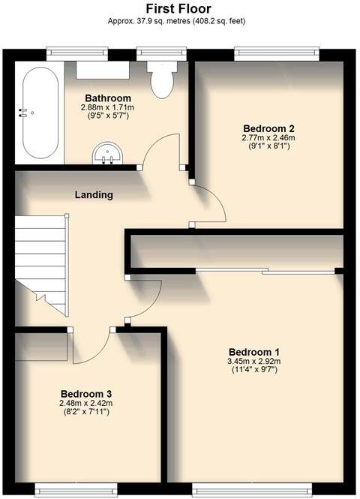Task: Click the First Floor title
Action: pyautogui.click(x=180, y=8)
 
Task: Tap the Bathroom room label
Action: pyautogui.click(x=108, y=98)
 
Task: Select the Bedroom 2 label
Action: pyautogui.click(x=268, y=128)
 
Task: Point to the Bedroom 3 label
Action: pyautogui.click(x=86, y=394)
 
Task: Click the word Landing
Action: pyautogui.click(x=94, y=195)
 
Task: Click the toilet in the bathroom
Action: pyautogui.click(x=161, y=79)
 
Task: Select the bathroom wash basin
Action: pyautogui.click(x=107, y=155)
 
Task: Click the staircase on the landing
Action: pyautogui.click(x=41, y=263)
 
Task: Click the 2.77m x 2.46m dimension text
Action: pyautogui.click(x=268, y=137)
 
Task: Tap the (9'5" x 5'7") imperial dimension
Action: pyautogui.click(x=108, y=117)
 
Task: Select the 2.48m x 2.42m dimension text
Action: pyautogui.click(x=86, y=404)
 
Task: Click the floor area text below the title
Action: pyautogui.click(x=180, y=21)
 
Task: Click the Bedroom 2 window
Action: pyautogui.click(x=276, y=53)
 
